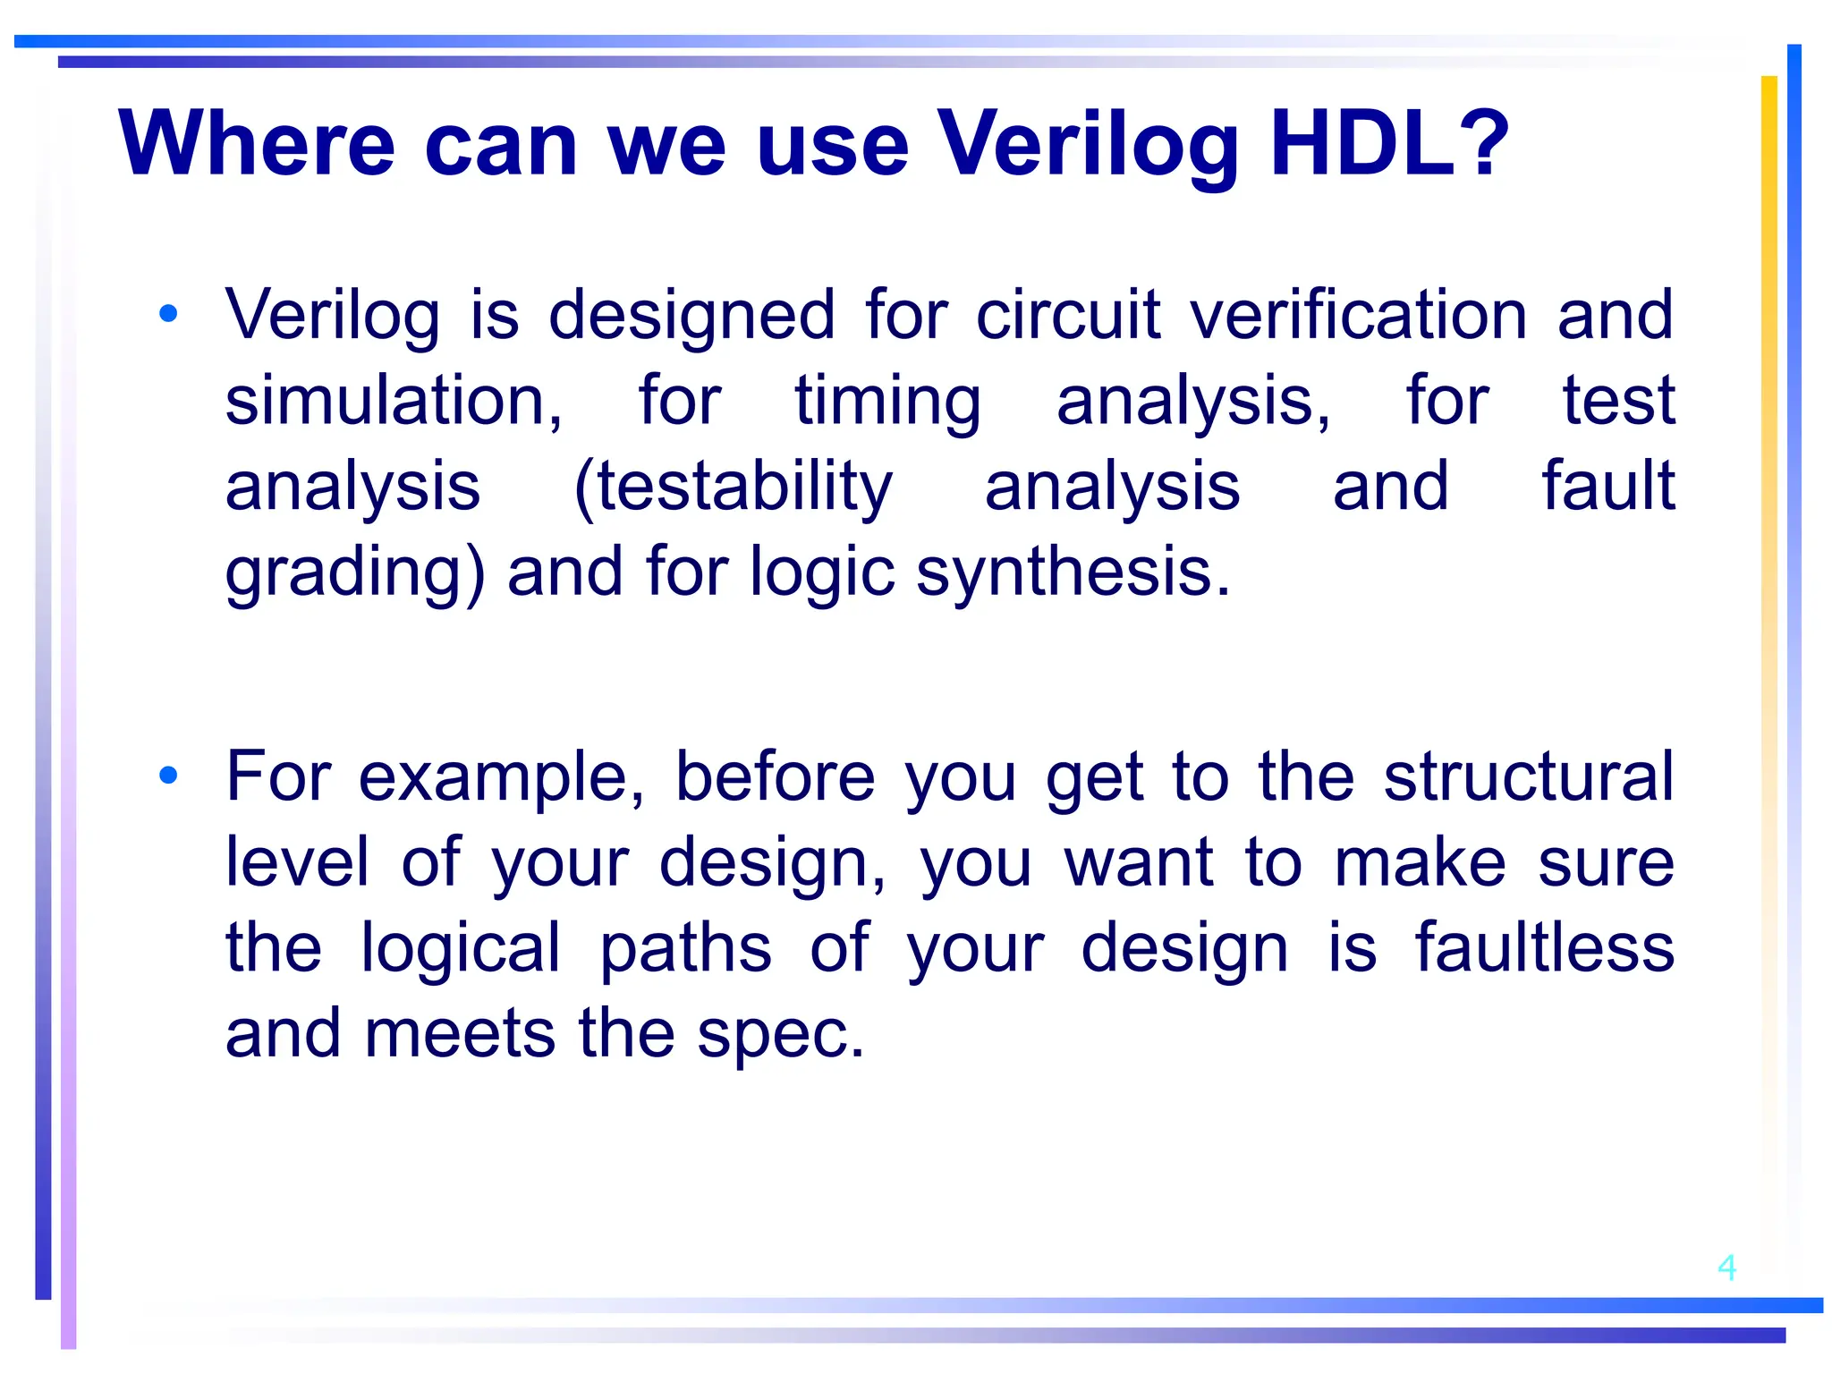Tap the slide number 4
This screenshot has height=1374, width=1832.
tap(1726, 1268)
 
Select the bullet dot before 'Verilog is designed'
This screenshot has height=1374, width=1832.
tap(168, 314)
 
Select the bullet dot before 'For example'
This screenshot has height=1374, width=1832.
tap(168, 776)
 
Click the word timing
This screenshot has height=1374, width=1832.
tap(887, 403)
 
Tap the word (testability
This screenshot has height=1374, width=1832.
tap(733, 488)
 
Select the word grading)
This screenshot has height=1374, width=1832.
tap(354, 572)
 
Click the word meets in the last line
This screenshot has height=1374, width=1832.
tap(460, 1033)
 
